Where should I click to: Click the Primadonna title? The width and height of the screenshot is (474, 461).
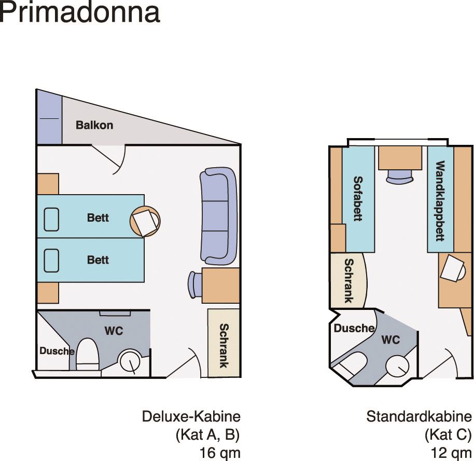[80, 12]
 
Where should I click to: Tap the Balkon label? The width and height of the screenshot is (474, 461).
[94, 125]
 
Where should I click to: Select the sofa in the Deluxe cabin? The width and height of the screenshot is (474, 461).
[218, 216]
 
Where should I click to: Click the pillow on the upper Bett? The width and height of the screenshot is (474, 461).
[51, 220]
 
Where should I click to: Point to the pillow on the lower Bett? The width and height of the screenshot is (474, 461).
[51, 261]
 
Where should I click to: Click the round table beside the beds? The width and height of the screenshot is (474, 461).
[145, 221]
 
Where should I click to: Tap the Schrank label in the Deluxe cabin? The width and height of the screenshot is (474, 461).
[224, 346]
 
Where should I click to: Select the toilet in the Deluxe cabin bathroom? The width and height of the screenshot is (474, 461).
[87, 354]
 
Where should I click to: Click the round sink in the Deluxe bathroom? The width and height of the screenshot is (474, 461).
[130, 361]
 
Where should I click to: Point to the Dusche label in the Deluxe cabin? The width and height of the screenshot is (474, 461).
[57, 351]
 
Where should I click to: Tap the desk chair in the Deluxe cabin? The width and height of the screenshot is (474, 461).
[194, 285]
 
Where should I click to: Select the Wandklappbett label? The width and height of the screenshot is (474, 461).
[440, 201]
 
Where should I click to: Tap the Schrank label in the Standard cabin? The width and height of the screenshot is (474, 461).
[349, 280]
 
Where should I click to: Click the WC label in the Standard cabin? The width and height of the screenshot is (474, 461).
[391, 340]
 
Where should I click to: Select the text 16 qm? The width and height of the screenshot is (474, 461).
[220, 453]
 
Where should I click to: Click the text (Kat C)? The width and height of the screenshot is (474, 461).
[448, 435]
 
